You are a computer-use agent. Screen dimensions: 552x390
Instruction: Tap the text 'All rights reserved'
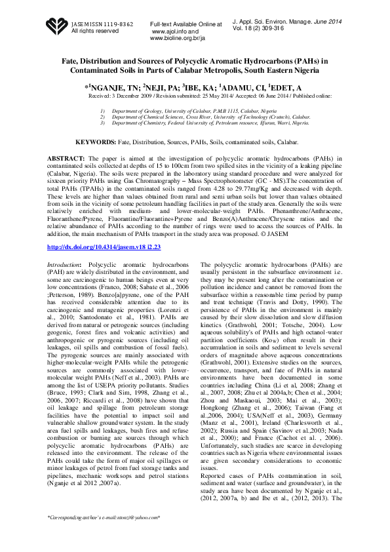pos(95,31)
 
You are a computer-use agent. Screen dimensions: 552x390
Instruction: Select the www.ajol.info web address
pos(174,31)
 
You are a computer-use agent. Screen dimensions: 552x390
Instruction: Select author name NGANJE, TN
pos(113,87)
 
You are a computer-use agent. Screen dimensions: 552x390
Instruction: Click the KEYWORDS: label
pos(96,142)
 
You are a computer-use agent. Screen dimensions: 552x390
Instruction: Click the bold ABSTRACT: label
pos(66,159)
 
